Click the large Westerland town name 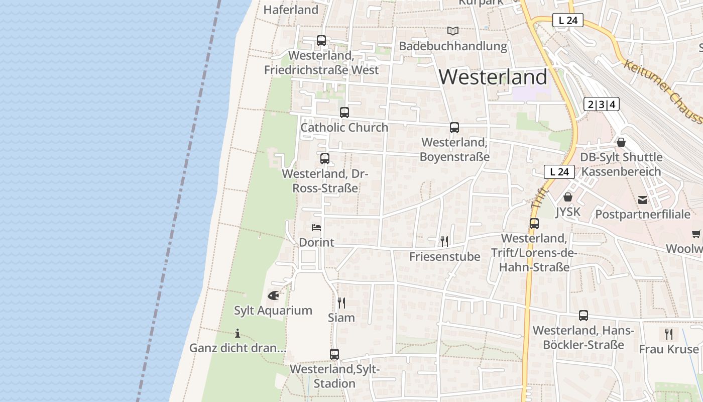[493, 77]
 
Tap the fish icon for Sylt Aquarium [274, 295]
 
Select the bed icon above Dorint [316, 228]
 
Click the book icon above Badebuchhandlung [453, 31]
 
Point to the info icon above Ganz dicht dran [238, 333]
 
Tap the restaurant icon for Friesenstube [444, 242]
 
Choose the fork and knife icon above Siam [341, 303]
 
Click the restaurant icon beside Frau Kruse [669, 334]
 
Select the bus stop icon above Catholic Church [344, 113]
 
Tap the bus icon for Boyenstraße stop [454, 128]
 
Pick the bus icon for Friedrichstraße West [321, 41]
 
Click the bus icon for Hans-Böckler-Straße [583, 316]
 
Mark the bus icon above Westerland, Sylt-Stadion [334, 354]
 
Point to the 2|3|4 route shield [602, 105]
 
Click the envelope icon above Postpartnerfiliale [643, 200]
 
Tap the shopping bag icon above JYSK [568, 197]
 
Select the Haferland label [291, 10]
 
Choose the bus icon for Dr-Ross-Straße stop [325, 159]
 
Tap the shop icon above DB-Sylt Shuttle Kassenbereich [621, 142]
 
